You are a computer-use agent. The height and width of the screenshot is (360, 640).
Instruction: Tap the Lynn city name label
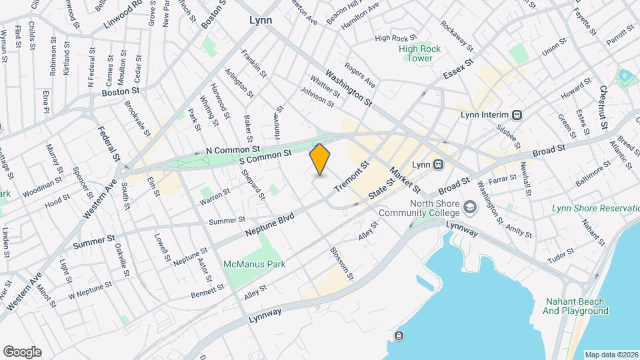click(261, 21)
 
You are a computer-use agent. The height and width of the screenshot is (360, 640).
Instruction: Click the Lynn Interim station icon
click(517, 115)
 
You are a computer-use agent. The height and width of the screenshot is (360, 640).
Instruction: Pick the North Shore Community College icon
click(471, 207)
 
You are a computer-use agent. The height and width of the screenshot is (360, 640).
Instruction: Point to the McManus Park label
click(255, 264)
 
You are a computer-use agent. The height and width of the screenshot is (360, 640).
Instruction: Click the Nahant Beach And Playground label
click(575, 306)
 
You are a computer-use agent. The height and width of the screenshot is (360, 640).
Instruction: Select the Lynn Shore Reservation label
click(595, 209)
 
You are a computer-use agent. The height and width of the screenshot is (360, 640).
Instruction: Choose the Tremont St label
click(351, 177)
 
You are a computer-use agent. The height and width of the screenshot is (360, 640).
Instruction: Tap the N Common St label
click(233, 151)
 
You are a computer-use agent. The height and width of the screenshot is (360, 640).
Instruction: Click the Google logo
click(22, 351)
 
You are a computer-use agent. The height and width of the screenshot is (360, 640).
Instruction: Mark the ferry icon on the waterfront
click(399, 335)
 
